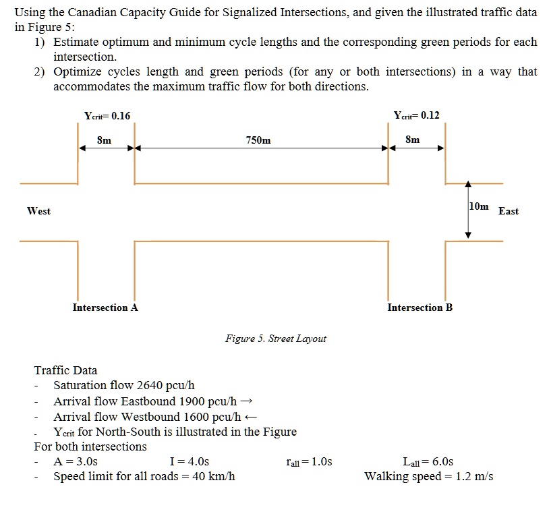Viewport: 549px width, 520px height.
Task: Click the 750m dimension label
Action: point(259,140)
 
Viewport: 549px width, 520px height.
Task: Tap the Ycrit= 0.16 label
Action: point(107,115)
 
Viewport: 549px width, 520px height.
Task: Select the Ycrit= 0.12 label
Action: point(416,115)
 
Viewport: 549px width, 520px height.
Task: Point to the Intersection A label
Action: point(105,308)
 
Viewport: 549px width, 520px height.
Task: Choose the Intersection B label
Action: point(420,308)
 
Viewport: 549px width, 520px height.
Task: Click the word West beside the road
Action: point(38,211)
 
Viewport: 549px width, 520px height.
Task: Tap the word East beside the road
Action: point(508,211)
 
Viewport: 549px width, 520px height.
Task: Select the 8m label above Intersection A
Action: point(105,140)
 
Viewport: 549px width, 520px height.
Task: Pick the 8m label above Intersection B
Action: point(413,140)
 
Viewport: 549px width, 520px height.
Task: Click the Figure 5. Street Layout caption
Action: point(275,339)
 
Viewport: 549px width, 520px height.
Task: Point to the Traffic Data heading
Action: point(65,370)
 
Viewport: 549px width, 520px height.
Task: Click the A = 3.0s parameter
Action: point(76,462)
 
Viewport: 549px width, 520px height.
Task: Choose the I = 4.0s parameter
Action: point(190,462)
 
